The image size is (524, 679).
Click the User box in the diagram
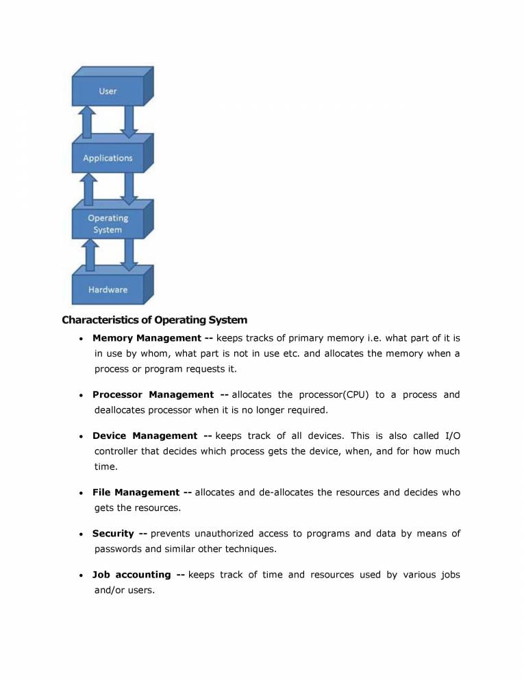tap(108, 92)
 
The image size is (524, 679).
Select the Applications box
tap(108, 158)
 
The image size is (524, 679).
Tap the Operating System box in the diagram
tap(108, 224)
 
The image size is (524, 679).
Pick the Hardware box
tap(108, 289)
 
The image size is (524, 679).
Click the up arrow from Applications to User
tap(88, 122)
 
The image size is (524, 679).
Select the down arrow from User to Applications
tap(127, 122)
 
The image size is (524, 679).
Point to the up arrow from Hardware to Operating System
tap(88, 254)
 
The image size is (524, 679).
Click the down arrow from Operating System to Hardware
tap(127, 254)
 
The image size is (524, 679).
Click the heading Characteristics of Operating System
tap(155, 320)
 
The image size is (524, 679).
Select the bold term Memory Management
tap(147, 338)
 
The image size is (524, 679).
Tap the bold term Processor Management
tap(153, 394)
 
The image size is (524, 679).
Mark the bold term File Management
tap(136, 492)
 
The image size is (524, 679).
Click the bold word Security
tap(113, 533)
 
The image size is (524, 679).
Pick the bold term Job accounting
tap(132, 574)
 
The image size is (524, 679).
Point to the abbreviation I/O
tap(453, 436)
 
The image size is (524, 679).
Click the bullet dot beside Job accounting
tap(82, 575)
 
